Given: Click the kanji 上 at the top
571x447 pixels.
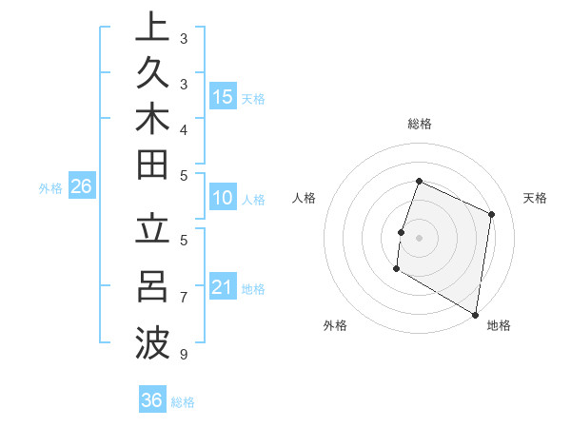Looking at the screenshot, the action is [x=151, y=28].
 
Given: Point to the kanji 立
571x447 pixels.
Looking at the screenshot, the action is [x=151, y=231].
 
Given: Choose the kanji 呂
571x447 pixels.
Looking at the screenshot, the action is [x=151, y=285].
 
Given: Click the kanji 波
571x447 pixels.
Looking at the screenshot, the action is [x=151, y=340].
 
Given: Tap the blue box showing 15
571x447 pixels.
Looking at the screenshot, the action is [x=223, y=97].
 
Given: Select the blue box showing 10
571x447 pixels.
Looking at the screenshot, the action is [x=223, y=198].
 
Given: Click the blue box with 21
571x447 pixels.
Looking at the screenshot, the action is [x=223, y=287].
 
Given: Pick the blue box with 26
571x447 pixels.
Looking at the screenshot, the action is [x=82, y=186].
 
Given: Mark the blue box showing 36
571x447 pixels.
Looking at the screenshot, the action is [x=151, y=400].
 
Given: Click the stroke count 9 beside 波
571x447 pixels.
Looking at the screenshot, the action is [x=184, y=355].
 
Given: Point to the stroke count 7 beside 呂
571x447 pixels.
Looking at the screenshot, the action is [x=184, y=298].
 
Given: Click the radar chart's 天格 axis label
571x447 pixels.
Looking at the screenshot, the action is [x=535, y=198].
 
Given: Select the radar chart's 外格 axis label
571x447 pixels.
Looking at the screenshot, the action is [x=335, y=325].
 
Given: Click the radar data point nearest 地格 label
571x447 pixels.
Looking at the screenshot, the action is [x=474, y=314].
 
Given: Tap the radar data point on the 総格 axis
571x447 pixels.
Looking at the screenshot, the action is [x=419, y=182].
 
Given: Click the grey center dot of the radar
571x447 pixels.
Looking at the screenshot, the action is [x=419, y=238].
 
